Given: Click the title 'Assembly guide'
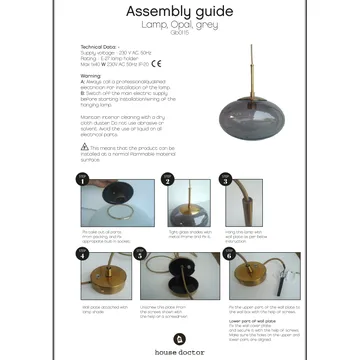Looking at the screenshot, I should [179, 12].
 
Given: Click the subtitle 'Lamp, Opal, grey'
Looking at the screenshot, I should [179, 25].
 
